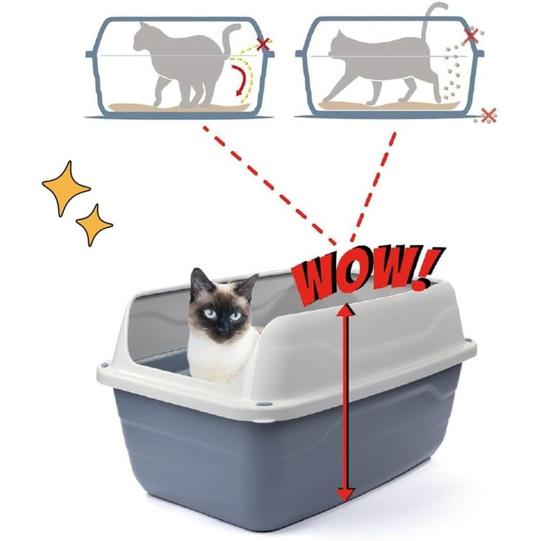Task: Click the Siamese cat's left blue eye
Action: (x=210, y=314)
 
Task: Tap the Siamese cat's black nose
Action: (x=223, y=330)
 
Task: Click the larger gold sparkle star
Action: (x=66, y=189)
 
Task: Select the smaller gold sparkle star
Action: (x=94, y=225)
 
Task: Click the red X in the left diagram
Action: (x=264, y=44)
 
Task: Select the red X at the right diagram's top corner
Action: (x=471, y=36)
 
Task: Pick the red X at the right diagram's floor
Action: (x=488, y=116)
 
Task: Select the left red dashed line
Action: (x=270, y=186)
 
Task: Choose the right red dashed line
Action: (x=373, y=187)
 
